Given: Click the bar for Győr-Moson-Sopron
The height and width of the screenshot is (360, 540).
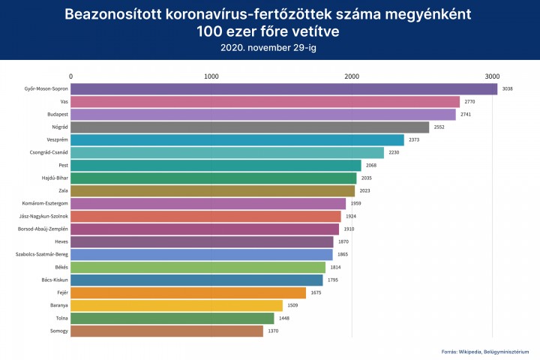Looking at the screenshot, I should [x=283, y=89].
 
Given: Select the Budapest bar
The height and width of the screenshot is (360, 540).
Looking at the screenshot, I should [x=262, y=115].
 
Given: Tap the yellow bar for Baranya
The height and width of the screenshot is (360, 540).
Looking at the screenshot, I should [x=176, y=305].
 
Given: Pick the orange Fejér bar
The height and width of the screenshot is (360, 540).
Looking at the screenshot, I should [x=188, y=292].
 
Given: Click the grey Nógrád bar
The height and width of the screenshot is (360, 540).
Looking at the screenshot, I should [x=250, y=127].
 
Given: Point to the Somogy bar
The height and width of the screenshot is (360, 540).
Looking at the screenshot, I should [x=166, y=331].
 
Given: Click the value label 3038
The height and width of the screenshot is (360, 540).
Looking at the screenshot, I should [x=508, y=89].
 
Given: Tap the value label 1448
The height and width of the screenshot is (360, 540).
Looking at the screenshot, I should [x=284, y=318].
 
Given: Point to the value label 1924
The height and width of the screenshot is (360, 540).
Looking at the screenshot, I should [x=351, y=216].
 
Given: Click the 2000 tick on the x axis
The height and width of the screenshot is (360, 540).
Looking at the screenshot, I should [x=352, y=76].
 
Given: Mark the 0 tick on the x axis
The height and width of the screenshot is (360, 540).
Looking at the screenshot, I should [x=70, y=76].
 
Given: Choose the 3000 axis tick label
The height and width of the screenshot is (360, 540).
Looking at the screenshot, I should [x=492, y=76].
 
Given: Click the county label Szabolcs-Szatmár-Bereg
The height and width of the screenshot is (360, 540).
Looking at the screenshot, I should [x=42, y=254].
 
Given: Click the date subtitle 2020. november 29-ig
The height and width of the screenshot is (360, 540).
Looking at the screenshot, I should [x=269, y=46].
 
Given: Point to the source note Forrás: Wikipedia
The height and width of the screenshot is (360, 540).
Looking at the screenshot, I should [x=465, y=350].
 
